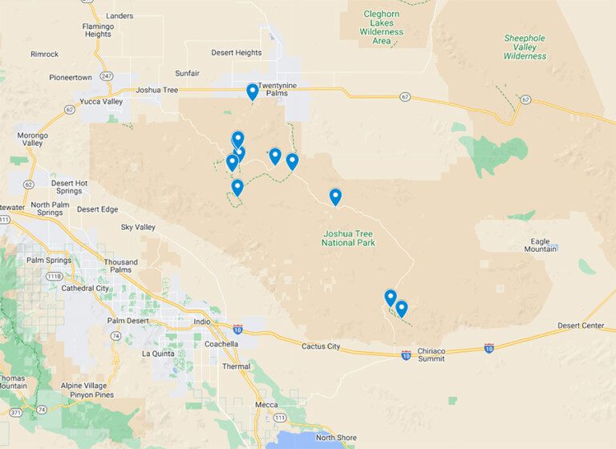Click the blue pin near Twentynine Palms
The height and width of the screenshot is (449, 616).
coord(253,92)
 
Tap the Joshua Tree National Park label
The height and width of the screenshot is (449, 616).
coord(348,237)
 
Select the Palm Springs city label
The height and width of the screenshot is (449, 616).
coord(49,260)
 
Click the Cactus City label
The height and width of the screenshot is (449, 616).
coord(321,346)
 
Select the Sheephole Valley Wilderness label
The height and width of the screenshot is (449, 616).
coord(525,47)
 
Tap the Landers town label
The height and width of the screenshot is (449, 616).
coord(120,15)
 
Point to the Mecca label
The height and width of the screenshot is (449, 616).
coord(266,405)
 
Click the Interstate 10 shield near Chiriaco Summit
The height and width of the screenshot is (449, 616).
coord(406,354)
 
